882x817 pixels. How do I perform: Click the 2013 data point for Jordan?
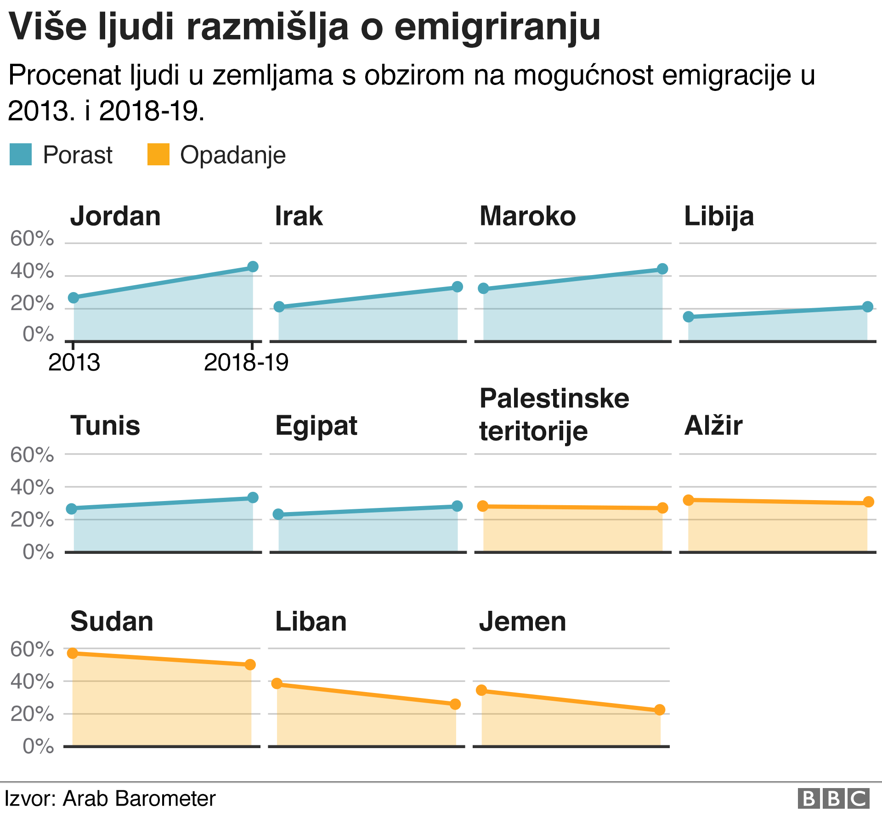[73, 298]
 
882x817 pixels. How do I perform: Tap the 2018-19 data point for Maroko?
[662, 269]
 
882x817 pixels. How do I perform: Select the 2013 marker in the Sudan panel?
[73, 653]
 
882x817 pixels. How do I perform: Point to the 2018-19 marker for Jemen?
[659, 710]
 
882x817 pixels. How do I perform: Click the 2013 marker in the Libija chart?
[688, 316]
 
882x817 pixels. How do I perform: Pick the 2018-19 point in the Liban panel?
[455, 704]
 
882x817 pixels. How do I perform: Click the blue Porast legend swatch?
[21, 154]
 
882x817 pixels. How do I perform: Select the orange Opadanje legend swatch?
[158, 154]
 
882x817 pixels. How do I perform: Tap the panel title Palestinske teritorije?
[554, 414]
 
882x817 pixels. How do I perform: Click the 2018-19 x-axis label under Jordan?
[246, 363]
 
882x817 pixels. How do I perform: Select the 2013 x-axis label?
[74, 363]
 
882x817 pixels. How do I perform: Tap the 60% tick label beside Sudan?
[32, 649]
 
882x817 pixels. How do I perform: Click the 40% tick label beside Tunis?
[32, 487]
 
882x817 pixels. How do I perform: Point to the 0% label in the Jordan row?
[38, 334]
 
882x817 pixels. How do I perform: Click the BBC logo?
[833, 799]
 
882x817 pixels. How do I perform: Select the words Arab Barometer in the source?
[139, 799]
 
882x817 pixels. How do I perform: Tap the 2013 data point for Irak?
[279, 307]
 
